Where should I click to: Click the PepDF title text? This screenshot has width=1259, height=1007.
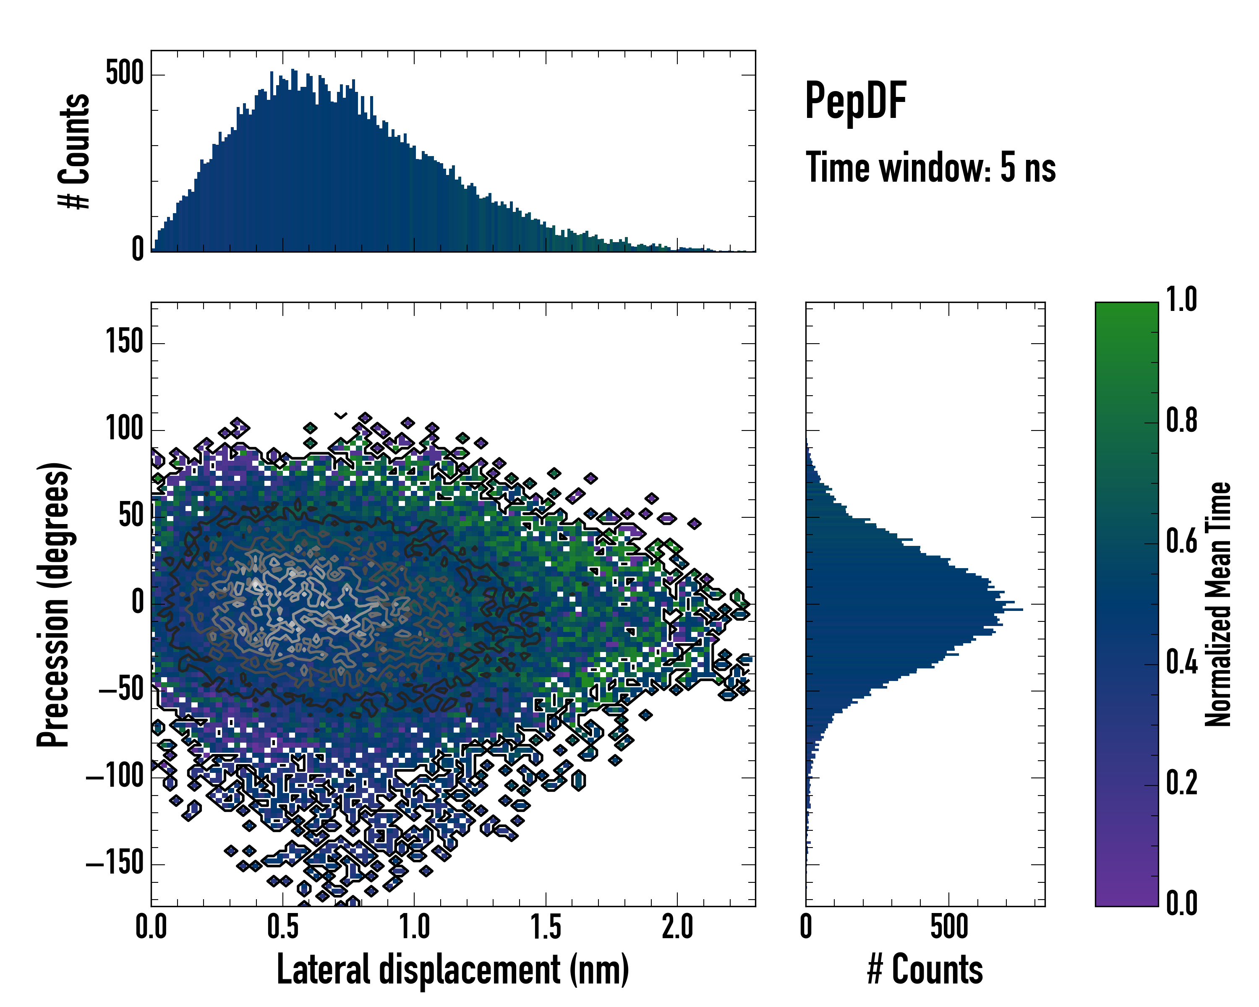(855, 101)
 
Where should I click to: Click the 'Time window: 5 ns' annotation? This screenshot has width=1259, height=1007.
(930, 167)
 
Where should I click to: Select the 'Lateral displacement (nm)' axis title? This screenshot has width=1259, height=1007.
(452, 970)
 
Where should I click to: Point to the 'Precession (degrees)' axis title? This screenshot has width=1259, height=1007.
(54, 604)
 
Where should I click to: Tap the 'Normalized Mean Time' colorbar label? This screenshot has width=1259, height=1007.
(1218, 604)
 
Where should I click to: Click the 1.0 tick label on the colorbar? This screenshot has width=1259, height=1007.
(1181, 300)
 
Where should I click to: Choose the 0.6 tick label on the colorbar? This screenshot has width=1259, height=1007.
(1181, 541)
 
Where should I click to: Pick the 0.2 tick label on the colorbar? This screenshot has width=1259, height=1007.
(1181, 783)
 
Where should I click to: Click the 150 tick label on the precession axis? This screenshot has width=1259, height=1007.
(124, 342)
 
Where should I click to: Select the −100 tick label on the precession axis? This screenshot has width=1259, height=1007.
(115, 776)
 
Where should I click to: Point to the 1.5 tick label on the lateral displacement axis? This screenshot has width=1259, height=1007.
(546, 927)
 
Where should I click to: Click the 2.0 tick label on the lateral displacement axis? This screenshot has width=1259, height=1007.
(677, 927)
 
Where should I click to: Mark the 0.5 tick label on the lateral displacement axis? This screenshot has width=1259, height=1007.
(282, 927)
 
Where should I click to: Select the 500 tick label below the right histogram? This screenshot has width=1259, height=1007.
(949, 927)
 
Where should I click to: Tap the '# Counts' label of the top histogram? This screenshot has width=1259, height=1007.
(75, 151)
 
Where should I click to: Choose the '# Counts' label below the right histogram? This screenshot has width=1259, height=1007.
(925, 970)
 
